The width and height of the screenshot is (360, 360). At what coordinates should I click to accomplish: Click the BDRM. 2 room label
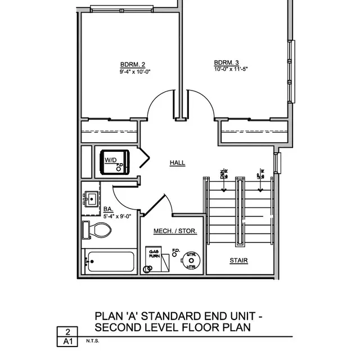click(x=133, y=64)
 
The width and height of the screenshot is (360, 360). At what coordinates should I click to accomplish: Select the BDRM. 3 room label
click(x=227, y=62)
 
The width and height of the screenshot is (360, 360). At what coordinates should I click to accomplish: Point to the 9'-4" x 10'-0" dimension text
click(x=135, y=72)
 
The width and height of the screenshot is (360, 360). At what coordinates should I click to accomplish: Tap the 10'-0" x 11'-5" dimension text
click(x=231, y=69)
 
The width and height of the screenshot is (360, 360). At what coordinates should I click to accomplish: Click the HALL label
click(x=177, y=163)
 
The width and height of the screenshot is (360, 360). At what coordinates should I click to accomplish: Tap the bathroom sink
click(x=91, y=199)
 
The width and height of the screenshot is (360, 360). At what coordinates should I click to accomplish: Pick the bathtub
click(x=110, y=262)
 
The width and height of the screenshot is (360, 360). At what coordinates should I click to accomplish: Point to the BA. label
click(x=108, y=209)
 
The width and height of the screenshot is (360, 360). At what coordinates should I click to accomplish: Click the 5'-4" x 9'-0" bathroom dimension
click(x=117, y=215)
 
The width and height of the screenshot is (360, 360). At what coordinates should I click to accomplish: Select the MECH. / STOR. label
click(x=175, y=231)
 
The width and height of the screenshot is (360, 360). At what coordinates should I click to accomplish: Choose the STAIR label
click(x=238, y=261)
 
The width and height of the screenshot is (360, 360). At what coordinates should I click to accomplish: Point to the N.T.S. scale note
click(x=93, y=341)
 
